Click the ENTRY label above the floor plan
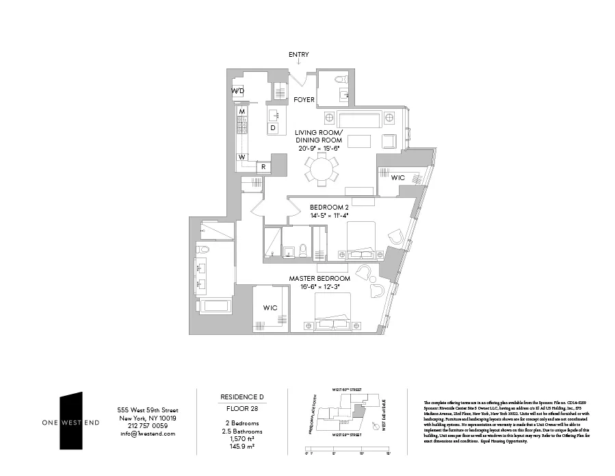pos(299,55)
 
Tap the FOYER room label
pos(304,100)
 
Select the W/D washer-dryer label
pos(237,91)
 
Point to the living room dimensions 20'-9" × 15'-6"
pos(319,148)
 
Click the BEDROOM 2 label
pos(329,207)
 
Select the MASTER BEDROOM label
pos(319,279)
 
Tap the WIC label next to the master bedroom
pos(270,308)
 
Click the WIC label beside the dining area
pos(397,178)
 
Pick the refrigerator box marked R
pos(263,167)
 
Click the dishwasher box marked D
pos(272,127)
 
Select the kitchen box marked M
pos(241,111)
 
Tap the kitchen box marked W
pos(241,157)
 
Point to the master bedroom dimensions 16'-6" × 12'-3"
pos(319,287)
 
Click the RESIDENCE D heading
pos(241,397)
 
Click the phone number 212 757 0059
pos(147,425)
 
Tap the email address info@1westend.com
pos(147,434)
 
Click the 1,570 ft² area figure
pos(241,439)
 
